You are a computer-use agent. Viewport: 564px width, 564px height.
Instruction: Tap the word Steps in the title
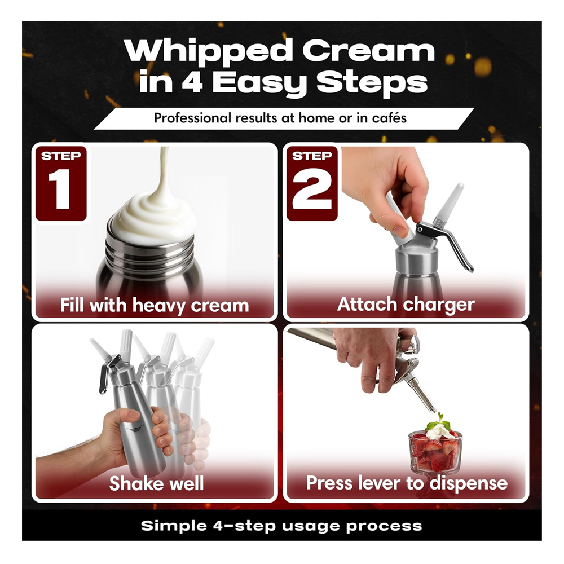click(372, 83)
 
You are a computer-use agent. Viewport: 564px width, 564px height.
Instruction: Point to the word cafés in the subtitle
click(390, 118)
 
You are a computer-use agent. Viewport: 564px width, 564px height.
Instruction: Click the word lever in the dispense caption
click(376, 483)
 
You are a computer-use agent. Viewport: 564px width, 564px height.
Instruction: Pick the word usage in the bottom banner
click(311, 526)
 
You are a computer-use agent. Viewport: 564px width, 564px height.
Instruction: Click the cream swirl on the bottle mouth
click(155, 216)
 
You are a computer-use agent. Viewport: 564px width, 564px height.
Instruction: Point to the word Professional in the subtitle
click(192, 118)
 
